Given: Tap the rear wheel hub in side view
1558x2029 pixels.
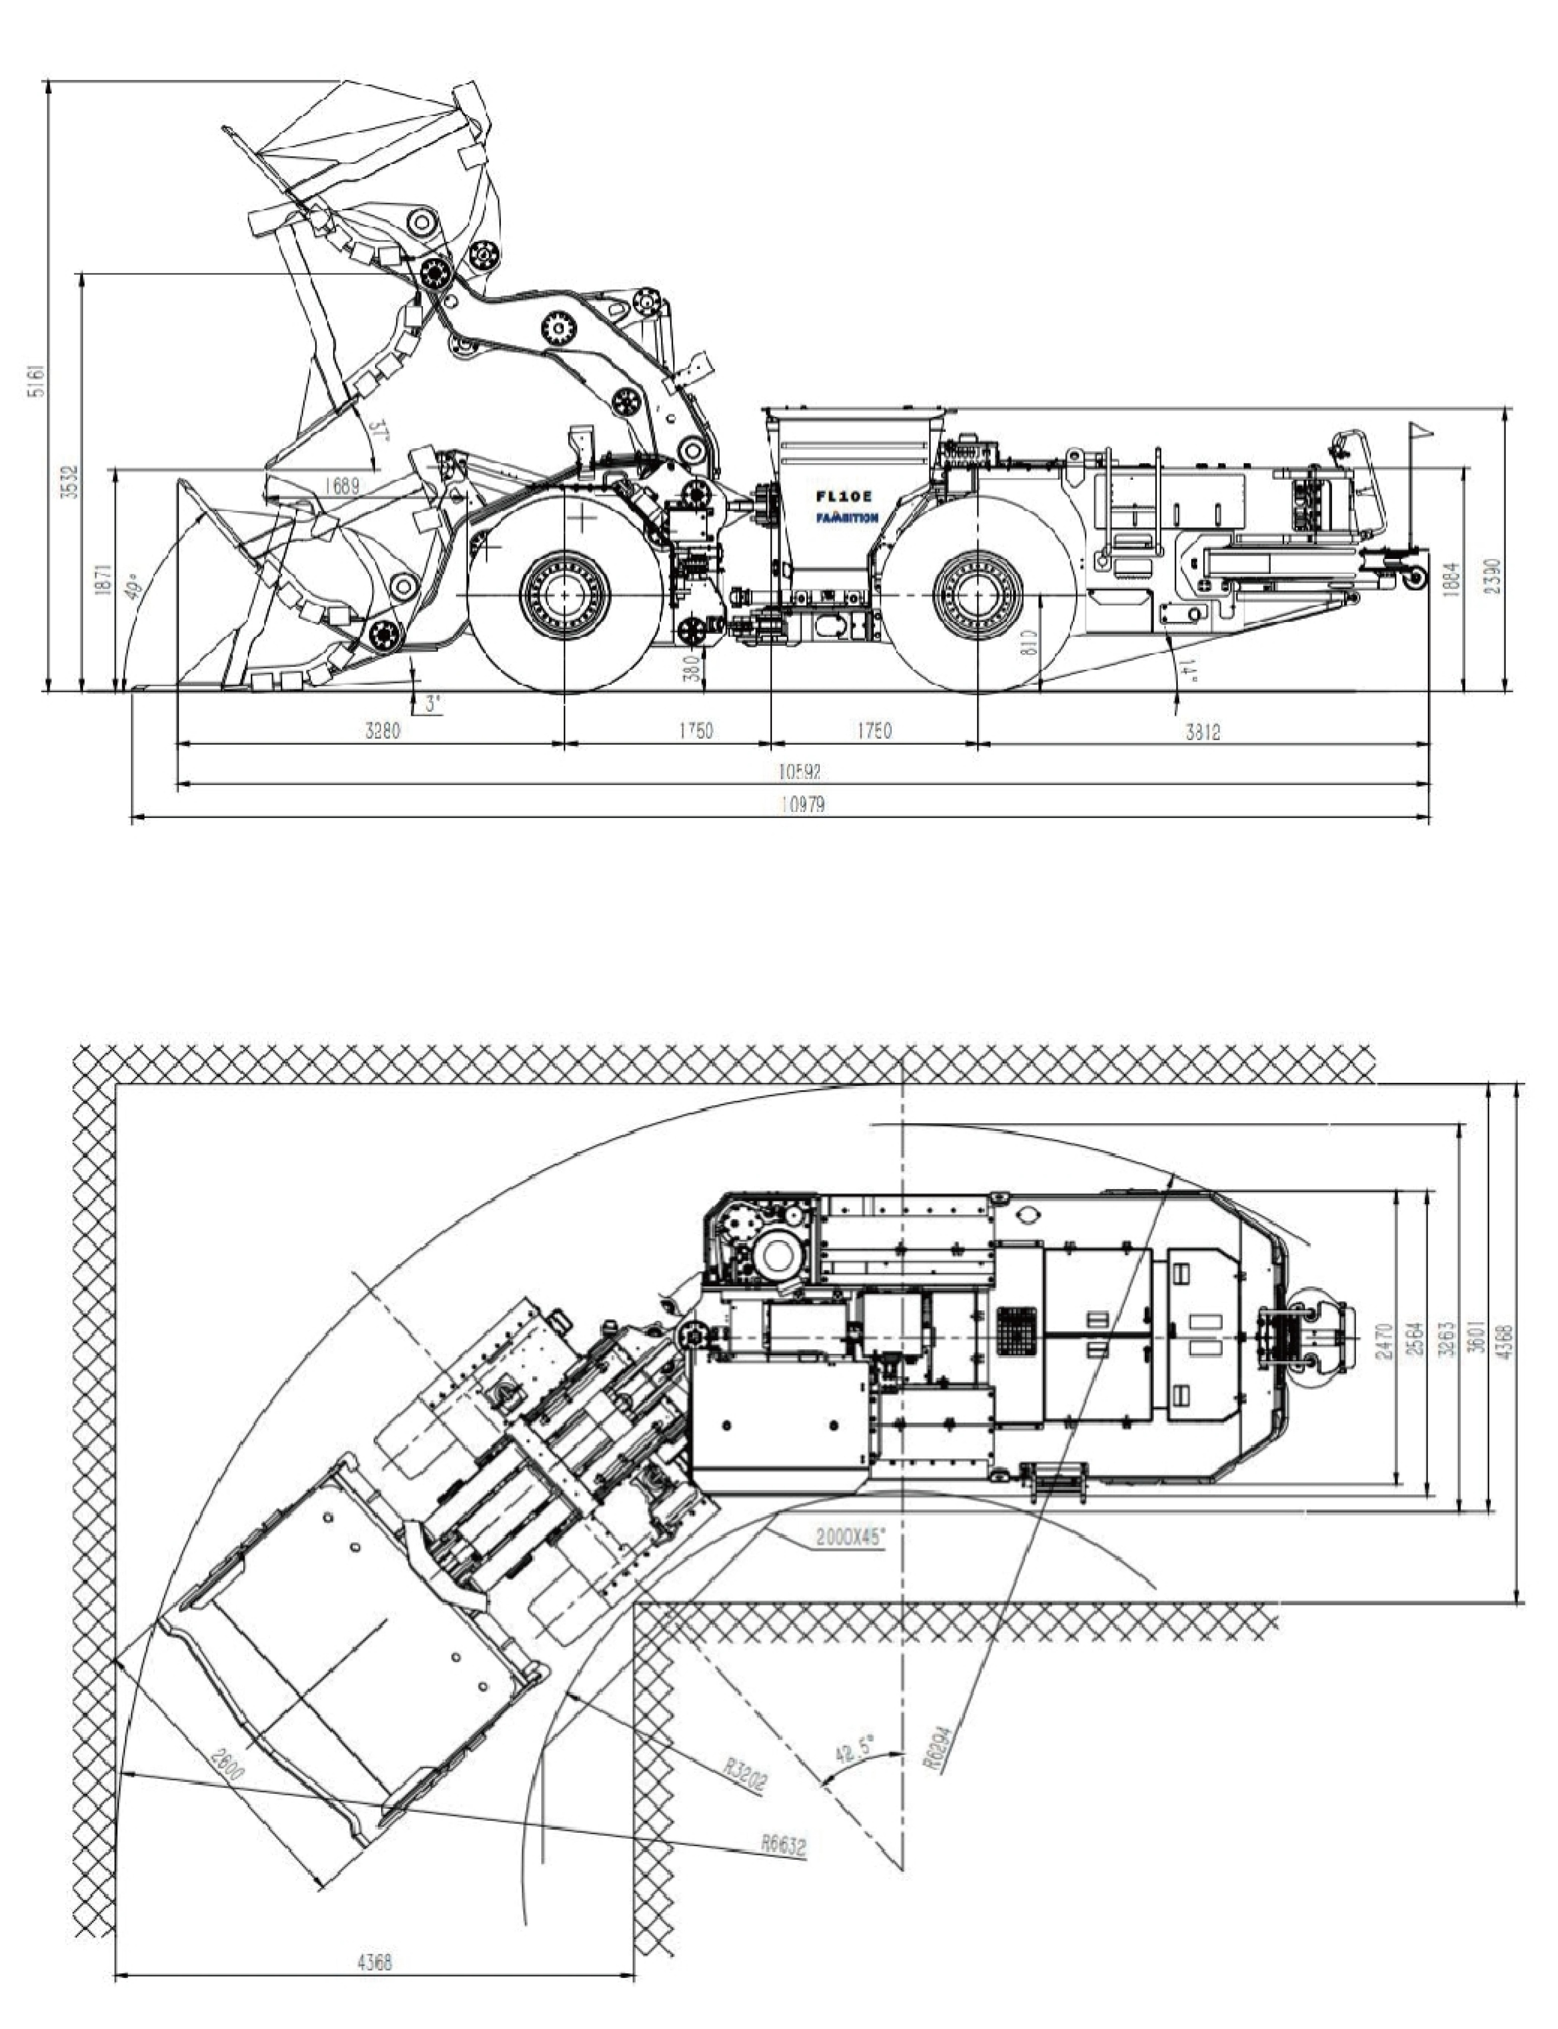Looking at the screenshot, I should coord(977,595).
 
